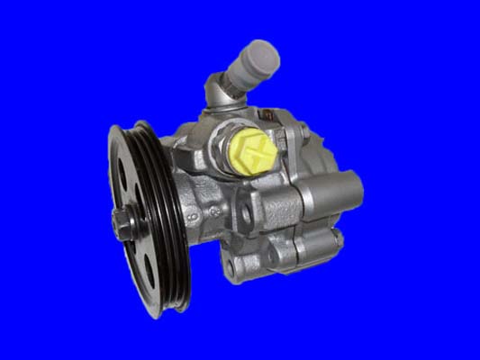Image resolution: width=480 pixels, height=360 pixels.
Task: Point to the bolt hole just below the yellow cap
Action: [x=245, y=212]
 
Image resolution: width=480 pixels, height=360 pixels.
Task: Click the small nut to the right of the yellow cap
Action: [x=285, y=139]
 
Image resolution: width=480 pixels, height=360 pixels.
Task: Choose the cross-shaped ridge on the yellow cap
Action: [x=251, y=146]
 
